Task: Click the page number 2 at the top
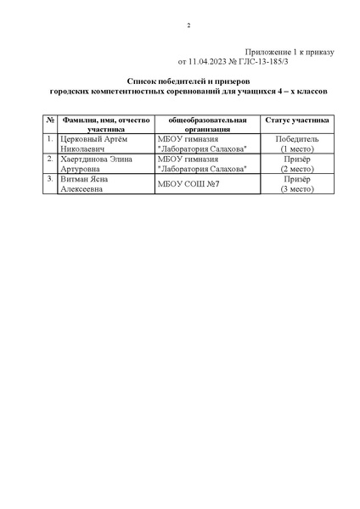[188, 25]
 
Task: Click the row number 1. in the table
[50, 138]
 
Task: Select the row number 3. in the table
[50, 179]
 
